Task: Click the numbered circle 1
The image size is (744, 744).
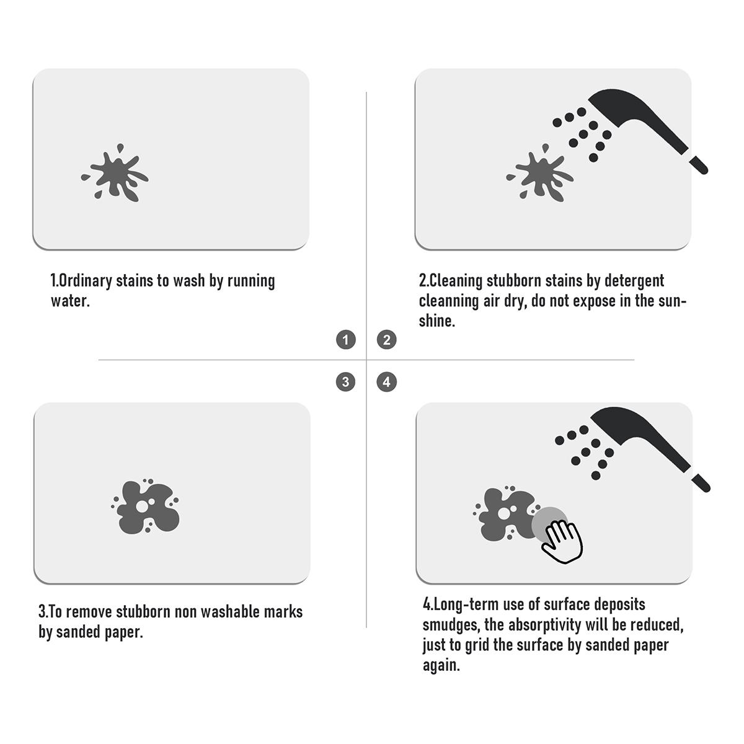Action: [345, 340]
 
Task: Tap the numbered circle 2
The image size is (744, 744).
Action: [386, 340]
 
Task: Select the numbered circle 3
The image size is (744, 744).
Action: [345, 382]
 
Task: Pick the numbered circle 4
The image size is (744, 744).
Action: [386, 382]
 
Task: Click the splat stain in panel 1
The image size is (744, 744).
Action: [115, 174]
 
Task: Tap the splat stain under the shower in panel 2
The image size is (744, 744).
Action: [540, 174]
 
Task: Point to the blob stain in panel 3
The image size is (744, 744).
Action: [146, 507]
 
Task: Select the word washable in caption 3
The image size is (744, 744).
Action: [230, 612]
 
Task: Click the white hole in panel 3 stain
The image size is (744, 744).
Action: [142, 507]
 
